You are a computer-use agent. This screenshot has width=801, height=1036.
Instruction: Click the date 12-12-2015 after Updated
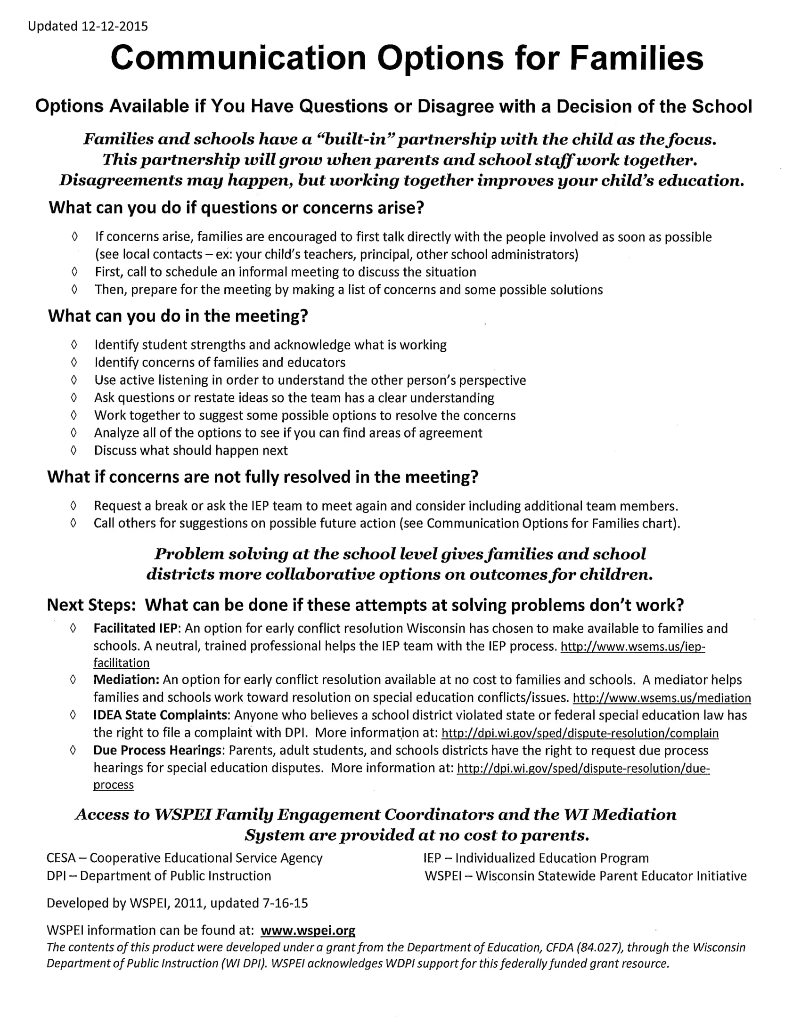click(114, 26)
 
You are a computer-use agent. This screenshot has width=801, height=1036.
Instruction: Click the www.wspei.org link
click(308, 930)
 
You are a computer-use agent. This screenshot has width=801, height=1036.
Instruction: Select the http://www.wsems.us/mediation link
click(662, 698)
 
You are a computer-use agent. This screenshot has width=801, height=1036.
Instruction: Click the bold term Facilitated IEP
click(135, 629)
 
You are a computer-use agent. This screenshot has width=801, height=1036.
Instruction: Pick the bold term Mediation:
click(126, 680)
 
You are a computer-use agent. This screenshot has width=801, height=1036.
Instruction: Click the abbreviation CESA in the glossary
click(61, 858)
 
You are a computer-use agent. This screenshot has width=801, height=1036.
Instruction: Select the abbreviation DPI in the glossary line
click(56, 876)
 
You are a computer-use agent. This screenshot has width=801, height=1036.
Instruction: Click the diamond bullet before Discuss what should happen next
click(74, 450)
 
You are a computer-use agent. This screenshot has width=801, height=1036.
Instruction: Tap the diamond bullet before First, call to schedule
click(74, 272)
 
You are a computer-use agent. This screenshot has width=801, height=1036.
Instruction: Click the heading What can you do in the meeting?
click(178, 316)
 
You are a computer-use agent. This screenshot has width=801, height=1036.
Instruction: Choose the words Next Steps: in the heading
click(91, 605)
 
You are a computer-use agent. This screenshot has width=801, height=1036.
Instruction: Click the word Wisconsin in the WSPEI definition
click(505, 876)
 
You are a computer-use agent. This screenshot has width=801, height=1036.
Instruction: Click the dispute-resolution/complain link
click(580, 733)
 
